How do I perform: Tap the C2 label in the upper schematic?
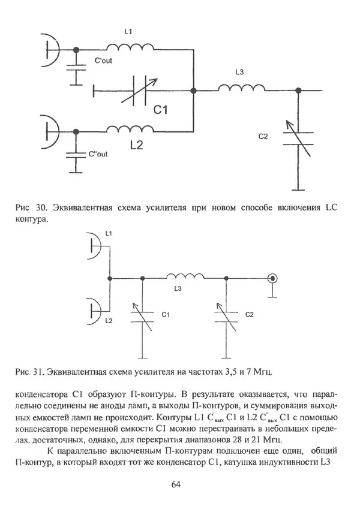[x=263, y=137]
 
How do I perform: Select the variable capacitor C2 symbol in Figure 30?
[x=296, y=137]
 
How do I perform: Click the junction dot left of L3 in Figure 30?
[x=193, y=91]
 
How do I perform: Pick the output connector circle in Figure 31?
[x=272, y=278]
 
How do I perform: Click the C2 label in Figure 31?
[x=251, y=314]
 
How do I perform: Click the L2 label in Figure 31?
[x=108, y=321]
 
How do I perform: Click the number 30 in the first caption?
[x=41, y=208]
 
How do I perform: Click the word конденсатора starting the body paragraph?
[x=49, y=394]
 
